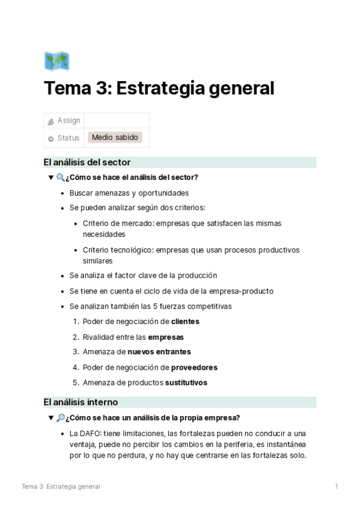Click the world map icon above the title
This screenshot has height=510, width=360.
(x=56, y=61)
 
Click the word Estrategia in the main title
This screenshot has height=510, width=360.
(x=158, y=88)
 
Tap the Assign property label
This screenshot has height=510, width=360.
(x=69, y=121)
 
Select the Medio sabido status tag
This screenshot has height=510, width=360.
(x=115, y=138)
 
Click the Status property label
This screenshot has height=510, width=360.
(x=68, y=138)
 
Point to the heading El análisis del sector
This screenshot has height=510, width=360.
(x=87, y=162)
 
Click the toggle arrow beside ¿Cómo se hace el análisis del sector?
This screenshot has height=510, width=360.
(x=50, y=177)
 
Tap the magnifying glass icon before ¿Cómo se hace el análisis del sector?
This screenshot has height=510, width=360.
(x=60, y=177)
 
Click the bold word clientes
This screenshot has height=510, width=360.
(x=185, y=321)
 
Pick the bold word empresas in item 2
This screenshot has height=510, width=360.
(x=166, y=337)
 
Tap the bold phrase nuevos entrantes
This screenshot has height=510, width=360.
(x=159, y=352)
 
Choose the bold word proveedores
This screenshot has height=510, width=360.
(x=194, y=367)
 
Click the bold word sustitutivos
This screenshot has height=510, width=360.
(x=186, y=382)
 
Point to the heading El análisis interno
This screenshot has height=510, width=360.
(x=81, y=402)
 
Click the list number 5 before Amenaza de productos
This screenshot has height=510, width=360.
(x=75, y=382)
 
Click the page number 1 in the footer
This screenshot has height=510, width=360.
(x=337, y=486)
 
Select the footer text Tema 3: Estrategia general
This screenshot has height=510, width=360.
(x=61, y=486)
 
